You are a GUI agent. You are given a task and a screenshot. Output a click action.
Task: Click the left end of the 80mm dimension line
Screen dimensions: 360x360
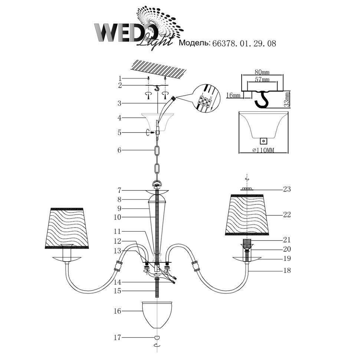tap(241, 75)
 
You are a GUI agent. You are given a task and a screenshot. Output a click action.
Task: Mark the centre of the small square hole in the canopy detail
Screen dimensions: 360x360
tap(264, 141)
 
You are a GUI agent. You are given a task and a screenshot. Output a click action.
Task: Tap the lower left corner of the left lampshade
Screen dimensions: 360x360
tap(45, 248)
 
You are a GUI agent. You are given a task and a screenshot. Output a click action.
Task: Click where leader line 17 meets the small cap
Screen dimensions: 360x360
tap(154, 337)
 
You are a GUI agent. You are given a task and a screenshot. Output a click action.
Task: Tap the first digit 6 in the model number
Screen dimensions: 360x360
tap(215, 43)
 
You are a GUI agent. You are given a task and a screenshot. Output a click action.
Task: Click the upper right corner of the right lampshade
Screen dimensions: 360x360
tap(263, 195)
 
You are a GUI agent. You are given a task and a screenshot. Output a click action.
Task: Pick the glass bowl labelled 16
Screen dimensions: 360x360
tap(157, 315)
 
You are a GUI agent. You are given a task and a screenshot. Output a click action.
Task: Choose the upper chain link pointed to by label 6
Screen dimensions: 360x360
tap(157, 151)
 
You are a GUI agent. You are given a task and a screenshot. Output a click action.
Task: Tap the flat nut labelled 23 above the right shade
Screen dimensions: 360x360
tap(247, 189)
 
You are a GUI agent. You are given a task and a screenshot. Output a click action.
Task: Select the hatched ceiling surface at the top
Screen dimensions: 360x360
tap(158, 68)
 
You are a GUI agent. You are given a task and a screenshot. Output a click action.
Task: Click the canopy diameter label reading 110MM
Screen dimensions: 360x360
tap(264, 150)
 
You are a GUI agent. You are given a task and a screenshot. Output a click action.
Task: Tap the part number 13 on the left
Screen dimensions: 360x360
tap(117, 251)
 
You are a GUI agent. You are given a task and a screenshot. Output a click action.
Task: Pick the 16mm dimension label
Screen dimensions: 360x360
tap(233, 95)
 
